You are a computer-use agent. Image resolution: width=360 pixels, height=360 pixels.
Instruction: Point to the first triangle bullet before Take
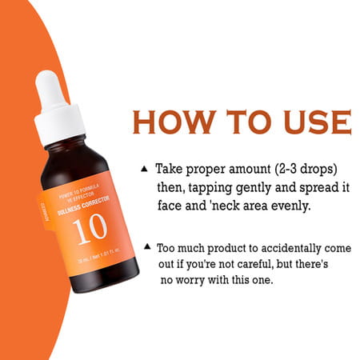coord(144,169)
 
